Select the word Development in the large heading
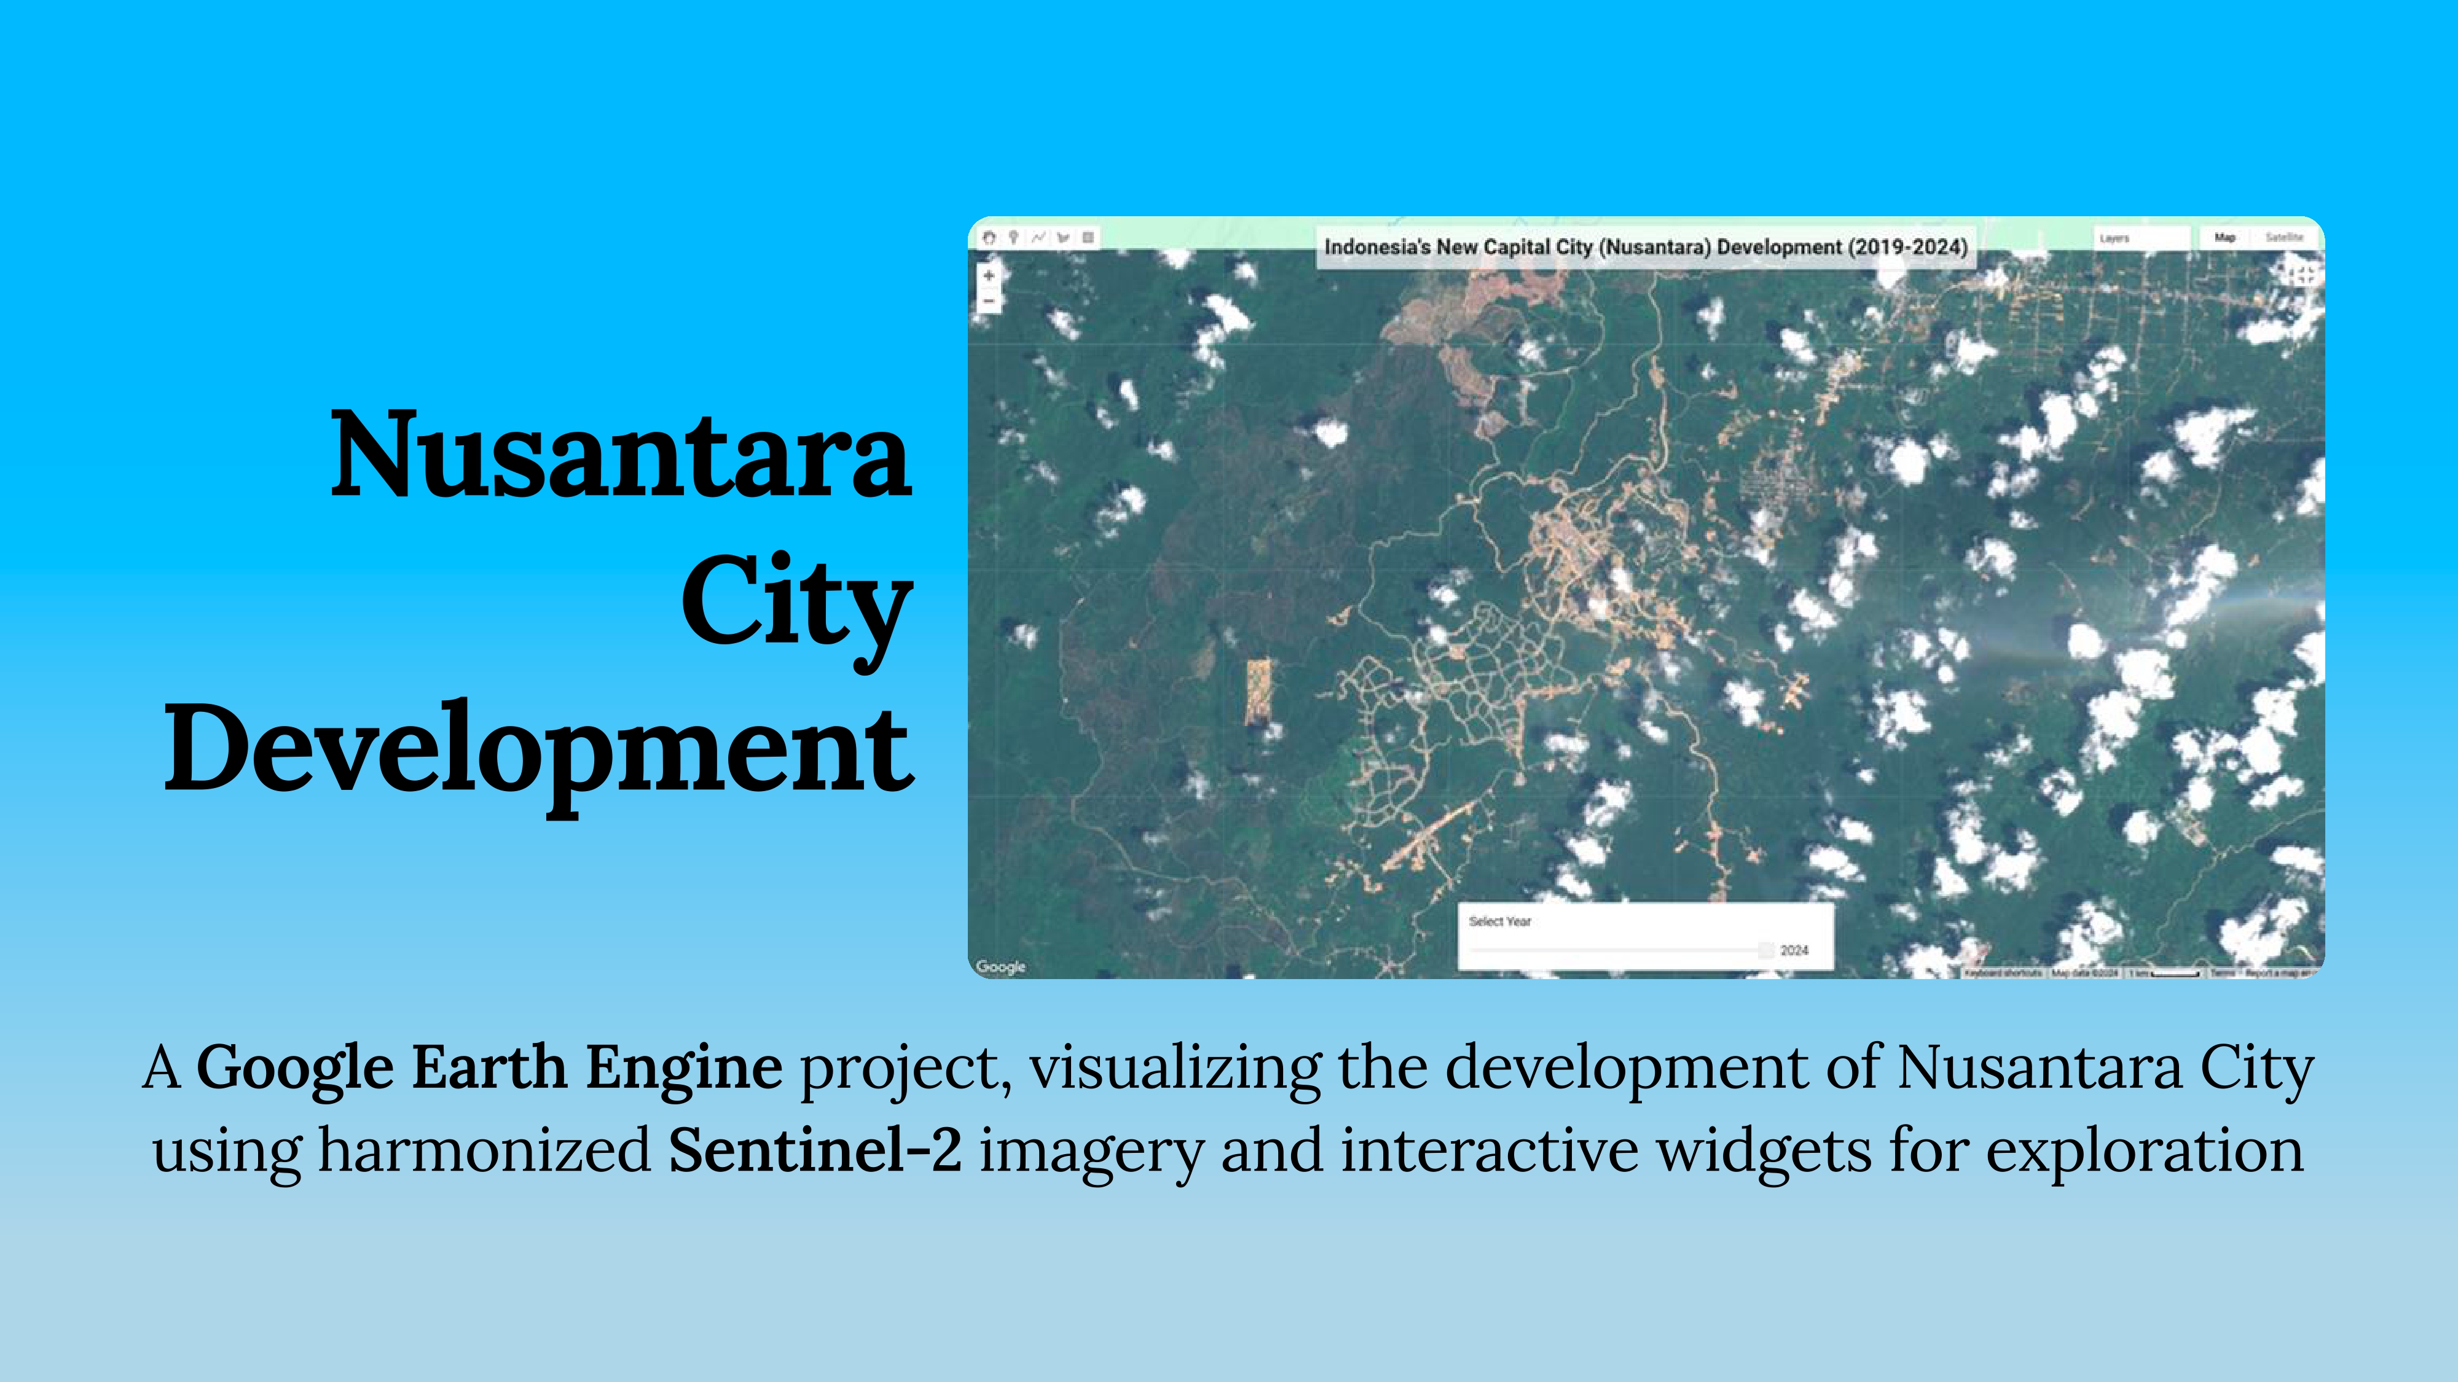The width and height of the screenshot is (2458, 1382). coord(539,749)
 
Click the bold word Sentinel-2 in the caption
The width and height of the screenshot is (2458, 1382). coord(815,1150)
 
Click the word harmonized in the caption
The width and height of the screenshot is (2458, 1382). coord(485,1150)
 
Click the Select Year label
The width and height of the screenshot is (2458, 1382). coord(1499,921)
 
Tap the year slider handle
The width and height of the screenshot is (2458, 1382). coord(1765,950)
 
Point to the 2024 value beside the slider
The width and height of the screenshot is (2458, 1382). coord(1794,950)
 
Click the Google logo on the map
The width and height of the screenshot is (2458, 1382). coord(1000,966)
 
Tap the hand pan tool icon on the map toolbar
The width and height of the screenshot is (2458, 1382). coord(989,238)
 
